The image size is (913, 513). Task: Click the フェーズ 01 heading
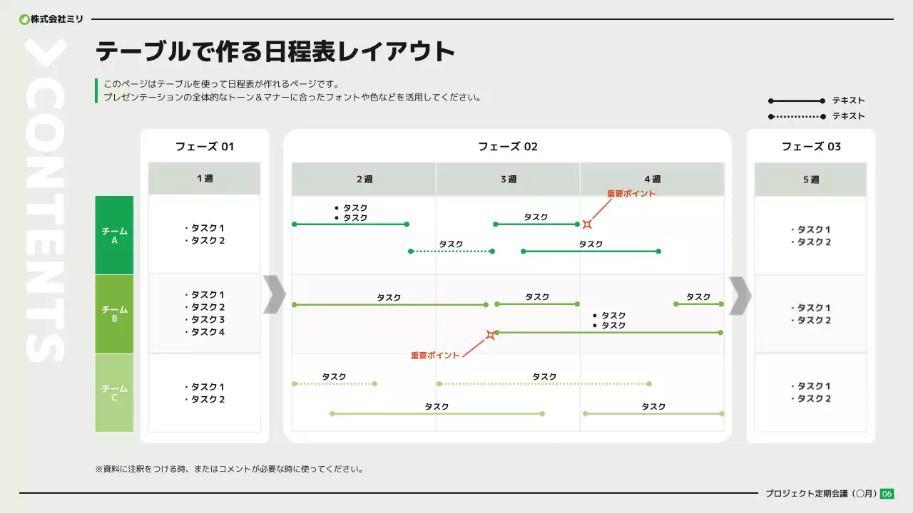[x=205, y=147]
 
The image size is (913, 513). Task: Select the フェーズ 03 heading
[x=811, y=147]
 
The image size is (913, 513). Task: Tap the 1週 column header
[x=205, y=179]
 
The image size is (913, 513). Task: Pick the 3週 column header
[x=508, y=180]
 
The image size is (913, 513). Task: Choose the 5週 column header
[x=811, y=180]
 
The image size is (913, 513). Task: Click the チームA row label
[x=114, y=235]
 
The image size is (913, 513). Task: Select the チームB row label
[x=114, y=314]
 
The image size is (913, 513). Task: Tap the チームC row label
[x=114, y=393]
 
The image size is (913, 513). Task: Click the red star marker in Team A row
[x=587, y=224]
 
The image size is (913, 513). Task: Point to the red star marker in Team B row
[x=491, y=334]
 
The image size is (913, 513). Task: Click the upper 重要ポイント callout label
[x=631, y=194]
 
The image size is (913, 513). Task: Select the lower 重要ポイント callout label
[x=435, y=355]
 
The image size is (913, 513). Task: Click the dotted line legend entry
[x=816, y=116]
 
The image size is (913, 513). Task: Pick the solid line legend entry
[x=816, y=100]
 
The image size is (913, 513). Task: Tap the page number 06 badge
[x=887, y=494]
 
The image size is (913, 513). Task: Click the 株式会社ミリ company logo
[x=51, y=19]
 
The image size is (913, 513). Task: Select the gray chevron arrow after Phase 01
[x=274, y=294]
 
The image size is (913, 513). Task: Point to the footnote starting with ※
[x=229, y=470]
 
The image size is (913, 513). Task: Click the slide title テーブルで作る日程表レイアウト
[x=275, y=52]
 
